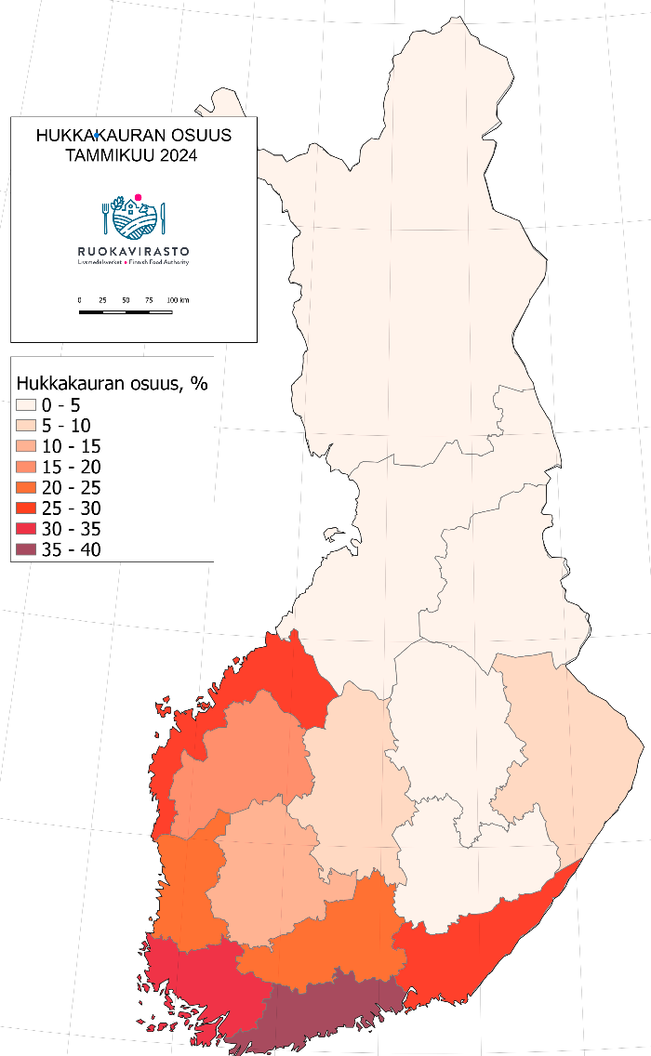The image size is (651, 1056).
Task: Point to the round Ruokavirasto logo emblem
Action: point(134,218)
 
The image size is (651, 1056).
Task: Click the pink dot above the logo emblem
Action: point(138,197)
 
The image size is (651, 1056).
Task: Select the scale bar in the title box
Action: point(126,311)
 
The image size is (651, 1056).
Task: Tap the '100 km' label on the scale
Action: point(178,300)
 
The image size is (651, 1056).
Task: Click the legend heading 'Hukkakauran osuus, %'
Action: point(111,383)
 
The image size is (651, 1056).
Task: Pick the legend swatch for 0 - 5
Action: point(26,405)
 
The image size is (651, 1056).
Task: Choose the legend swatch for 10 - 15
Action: point(26,446)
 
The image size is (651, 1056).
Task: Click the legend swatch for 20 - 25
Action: point(26,487)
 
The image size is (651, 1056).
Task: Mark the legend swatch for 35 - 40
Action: point(26,550)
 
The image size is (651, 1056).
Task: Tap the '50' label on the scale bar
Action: point(126,300)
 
